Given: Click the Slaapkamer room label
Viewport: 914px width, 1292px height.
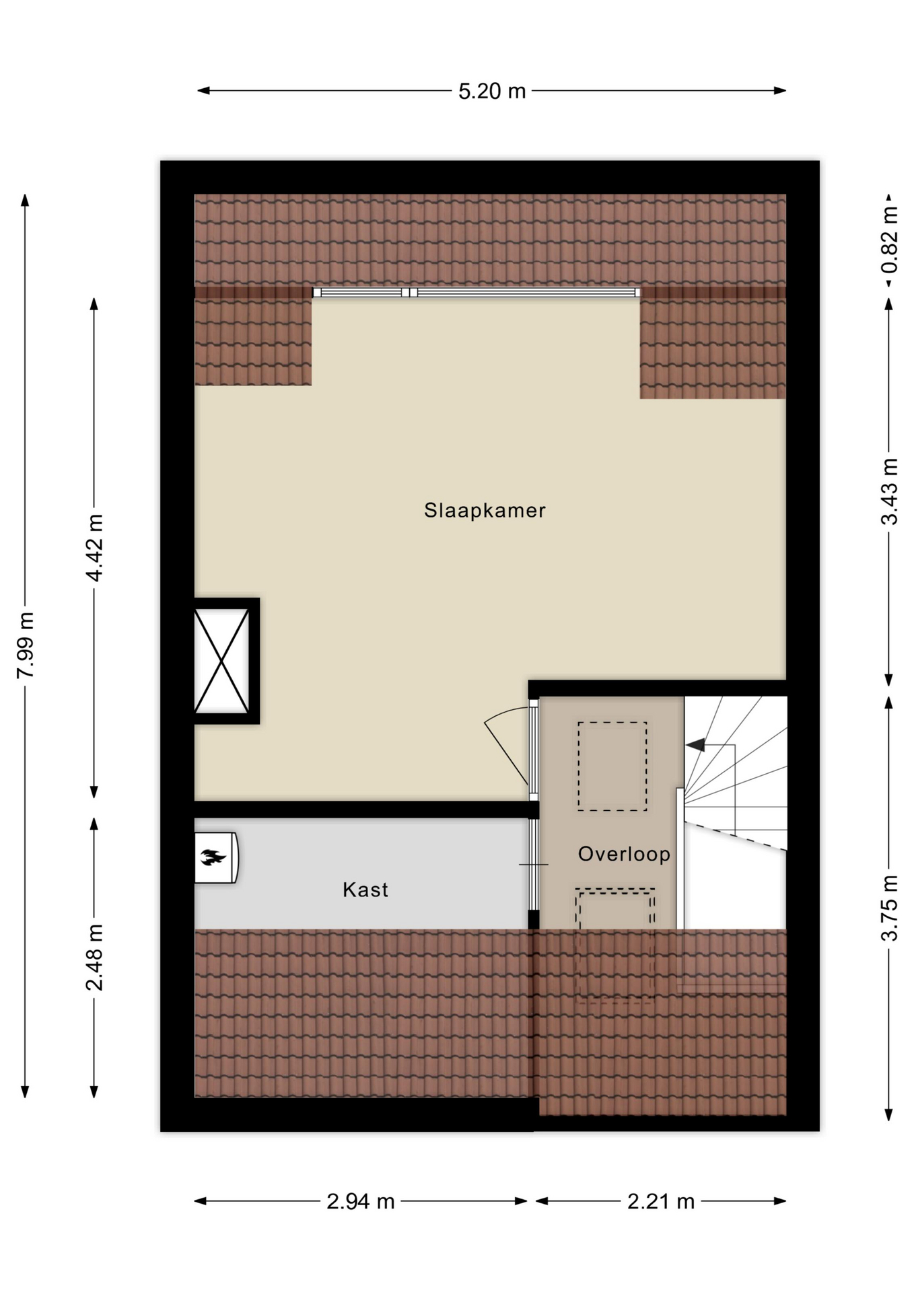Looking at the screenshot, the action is pos(485,510).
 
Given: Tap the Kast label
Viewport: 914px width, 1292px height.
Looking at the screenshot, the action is pos(365,890).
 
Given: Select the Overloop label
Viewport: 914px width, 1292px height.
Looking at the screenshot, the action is pos(624,854).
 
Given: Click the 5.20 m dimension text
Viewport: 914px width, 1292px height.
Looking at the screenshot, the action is pos(492,91).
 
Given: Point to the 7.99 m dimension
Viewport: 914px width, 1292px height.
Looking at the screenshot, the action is pos(25,645).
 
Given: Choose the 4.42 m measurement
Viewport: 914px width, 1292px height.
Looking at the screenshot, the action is pos(94,548).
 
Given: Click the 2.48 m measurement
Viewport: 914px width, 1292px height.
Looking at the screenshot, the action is pos(94,957).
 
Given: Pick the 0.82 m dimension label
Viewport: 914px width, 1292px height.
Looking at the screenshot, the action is pos(889,240).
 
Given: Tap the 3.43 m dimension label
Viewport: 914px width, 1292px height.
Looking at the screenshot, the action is pos(889,491).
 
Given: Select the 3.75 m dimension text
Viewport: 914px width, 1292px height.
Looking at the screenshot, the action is pos(889,908).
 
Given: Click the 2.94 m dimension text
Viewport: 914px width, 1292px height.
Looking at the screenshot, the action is pos(361,1201).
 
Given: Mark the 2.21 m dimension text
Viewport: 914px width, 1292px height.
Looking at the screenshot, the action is pos(661,1201).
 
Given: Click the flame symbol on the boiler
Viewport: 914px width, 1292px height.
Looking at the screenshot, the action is pos(213,857).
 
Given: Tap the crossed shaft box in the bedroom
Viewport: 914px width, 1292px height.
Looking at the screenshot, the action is pos(222,661).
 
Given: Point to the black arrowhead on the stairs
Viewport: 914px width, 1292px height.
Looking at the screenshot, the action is pos(695,745).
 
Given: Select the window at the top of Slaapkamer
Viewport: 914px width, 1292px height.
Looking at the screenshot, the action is pos(477,292).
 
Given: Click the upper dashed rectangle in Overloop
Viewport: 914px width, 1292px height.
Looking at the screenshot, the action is pos(612,766).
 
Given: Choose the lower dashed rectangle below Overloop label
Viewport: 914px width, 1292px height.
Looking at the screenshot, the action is pos(614,945).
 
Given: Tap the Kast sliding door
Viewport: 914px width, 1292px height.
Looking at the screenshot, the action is pos(534,864).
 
